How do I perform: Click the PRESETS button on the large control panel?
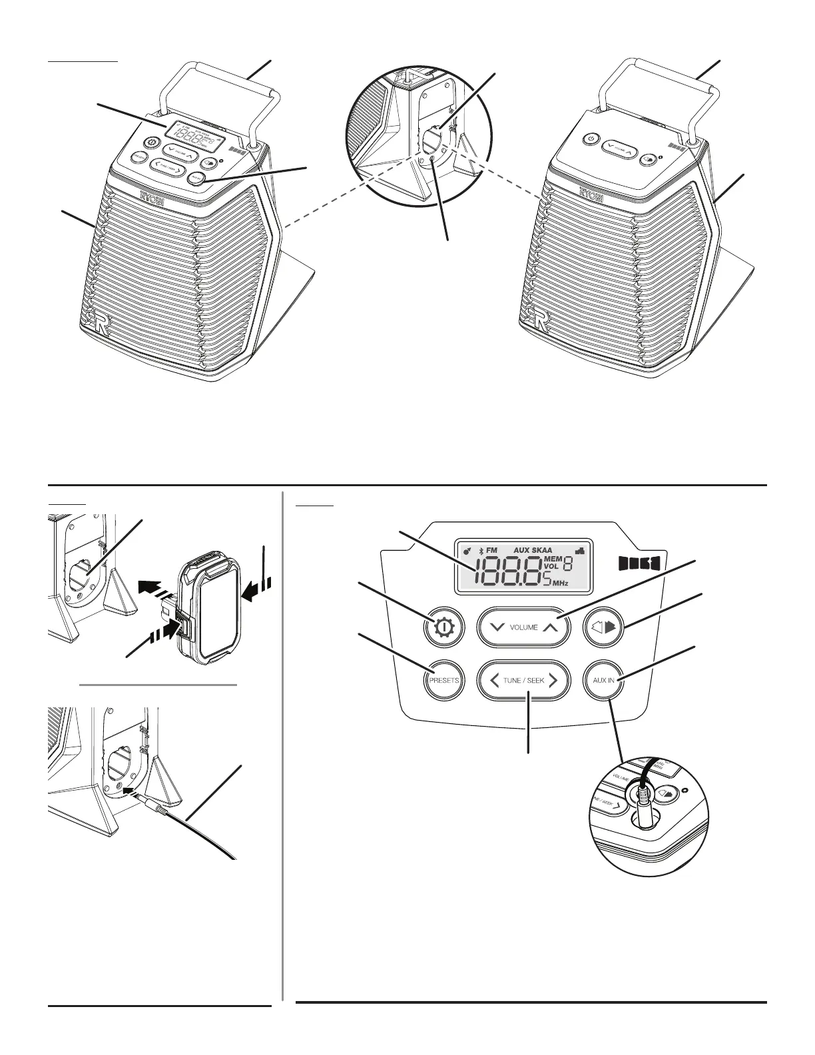point(444,681)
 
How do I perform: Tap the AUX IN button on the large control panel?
point(604,681)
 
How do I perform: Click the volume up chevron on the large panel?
point(549,627)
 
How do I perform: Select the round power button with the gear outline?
point(443,627)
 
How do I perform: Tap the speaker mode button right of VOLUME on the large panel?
point(603,627)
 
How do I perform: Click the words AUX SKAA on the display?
point(533,550)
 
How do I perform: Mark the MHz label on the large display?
point(560,583)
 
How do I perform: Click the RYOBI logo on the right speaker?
point(591,194)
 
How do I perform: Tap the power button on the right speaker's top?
point(588,139)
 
